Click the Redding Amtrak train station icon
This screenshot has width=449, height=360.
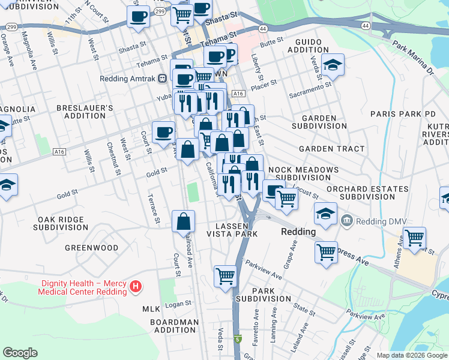click(x=161, y=79)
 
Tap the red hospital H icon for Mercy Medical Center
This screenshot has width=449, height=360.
click(x=136, y=287)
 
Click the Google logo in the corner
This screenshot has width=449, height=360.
click(x=20, y=353)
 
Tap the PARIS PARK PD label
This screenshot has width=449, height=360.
click(x=403, y=113)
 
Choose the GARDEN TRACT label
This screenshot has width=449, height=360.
click(x=331, y=148)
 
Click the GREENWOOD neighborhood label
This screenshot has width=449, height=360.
click(x=92, y=247)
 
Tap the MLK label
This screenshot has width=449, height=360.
click(x=151, y=309)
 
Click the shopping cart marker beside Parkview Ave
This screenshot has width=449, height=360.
click(x=226, y=277)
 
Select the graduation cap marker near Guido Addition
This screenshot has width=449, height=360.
click(x=332, y=64)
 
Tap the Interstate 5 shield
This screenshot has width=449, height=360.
click(x=238, y=339)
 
